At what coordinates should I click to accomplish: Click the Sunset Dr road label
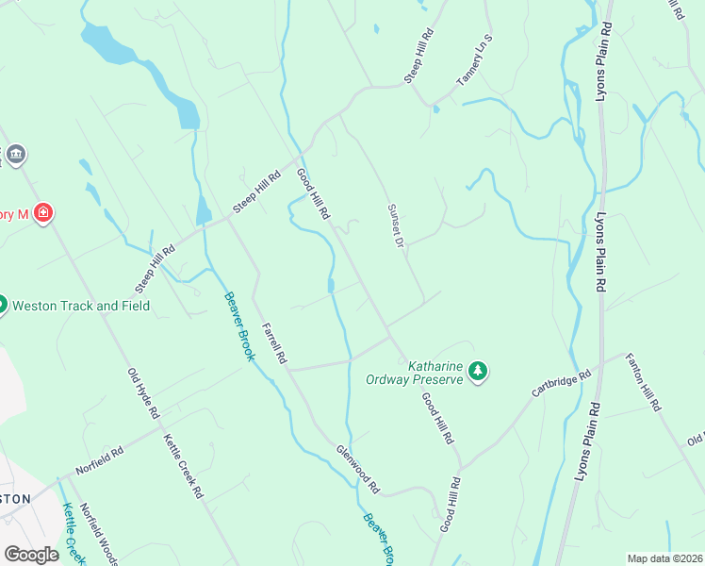[x=394, y=226]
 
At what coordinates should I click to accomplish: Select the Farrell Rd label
[x=273, y=342]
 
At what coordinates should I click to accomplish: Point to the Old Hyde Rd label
[x=143, y=393]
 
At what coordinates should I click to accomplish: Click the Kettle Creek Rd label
[x=183, y=465]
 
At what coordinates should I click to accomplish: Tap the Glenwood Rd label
[x=357, y=469]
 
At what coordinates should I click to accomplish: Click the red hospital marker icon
[x=42, y=214]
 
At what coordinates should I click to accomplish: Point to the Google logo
[x=30, y=555]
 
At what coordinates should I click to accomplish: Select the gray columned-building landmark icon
[x=16, y=155]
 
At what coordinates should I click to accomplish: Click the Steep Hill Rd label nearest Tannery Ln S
[x=418, y=57]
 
